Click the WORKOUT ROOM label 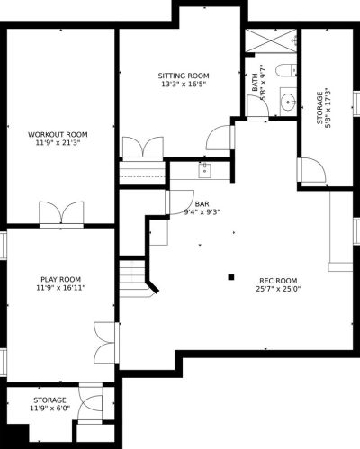coord(58,134)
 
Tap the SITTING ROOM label coord(184,76)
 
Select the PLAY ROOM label coord(61,280)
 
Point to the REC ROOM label coord(278,281)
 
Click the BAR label coord(202,204)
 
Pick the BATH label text coord(255,82)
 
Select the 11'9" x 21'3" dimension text coord(58,143)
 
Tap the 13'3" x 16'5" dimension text coord(184,84)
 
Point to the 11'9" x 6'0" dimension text coord(49,409)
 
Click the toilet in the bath coord(286,71)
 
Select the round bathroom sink coord(289,102)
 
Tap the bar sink coord(205,171)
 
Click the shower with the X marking coord(271,40)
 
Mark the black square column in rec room coord(231,277)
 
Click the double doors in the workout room coord(61,213)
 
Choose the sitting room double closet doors coord(143,148)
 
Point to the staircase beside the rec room coord(134,278)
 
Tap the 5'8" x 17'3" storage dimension coord(328,108)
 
